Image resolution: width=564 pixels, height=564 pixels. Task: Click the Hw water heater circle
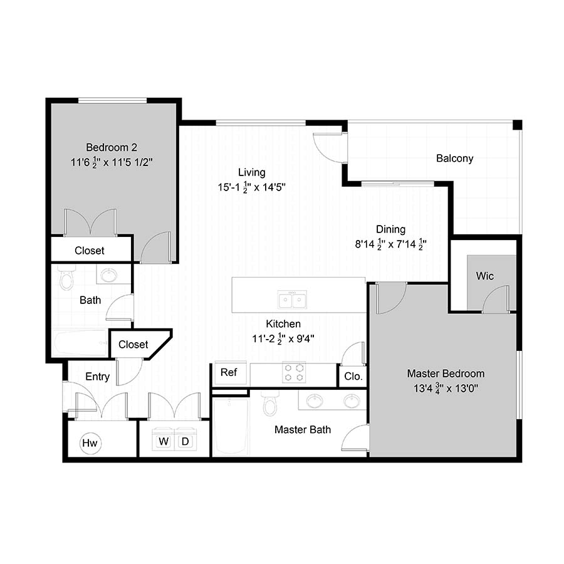(90, 443)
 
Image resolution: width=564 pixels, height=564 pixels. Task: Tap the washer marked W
(164, 439)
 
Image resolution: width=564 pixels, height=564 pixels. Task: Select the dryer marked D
(185, 439)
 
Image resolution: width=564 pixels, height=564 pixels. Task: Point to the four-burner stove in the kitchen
(294, 373)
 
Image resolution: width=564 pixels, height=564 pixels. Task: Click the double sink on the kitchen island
(292, 300)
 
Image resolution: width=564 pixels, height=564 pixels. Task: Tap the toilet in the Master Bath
(269, 402)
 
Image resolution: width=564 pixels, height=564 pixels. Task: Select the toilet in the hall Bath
(66, 278)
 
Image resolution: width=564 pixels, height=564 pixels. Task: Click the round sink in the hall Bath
(108, 275)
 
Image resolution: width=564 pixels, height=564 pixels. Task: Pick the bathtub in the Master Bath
(231, 426)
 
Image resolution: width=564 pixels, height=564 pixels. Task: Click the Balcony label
(455, 159)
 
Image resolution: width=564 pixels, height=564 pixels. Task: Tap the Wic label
(484, 276)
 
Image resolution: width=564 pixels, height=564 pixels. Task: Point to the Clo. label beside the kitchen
(353, 377)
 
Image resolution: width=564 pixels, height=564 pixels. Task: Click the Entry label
(98, 377)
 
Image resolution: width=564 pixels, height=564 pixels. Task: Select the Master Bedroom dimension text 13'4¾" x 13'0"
(446, 389)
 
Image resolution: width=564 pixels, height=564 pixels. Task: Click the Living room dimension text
(252, 187)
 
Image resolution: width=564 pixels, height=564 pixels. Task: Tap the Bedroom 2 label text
(112, 147)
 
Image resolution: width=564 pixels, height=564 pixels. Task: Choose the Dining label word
(390, 229)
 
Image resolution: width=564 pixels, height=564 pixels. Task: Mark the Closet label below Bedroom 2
(89, 251)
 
